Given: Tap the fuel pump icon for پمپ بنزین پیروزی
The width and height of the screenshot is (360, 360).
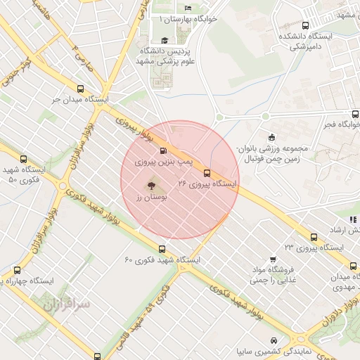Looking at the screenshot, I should tap(163, 150).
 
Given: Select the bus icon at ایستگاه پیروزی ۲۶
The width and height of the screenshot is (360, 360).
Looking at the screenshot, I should tap(207, 172).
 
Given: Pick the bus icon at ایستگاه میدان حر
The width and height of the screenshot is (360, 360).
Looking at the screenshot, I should tap(80, 89).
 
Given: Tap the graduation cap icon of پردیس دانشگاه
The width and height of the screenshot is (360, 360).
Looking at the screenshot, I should tap(165, 41).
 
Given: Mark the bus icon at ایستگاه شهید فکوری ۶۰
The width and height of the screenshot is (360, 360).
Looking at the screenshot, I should tap(162, 249).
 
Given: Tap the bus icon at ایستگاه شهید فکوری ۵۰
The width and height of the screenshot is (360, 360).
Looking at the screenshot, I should tap(24, 159).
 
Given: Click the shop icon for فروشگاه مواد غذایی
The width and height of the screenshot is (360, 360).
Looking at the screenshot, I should tap(274, 259).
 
